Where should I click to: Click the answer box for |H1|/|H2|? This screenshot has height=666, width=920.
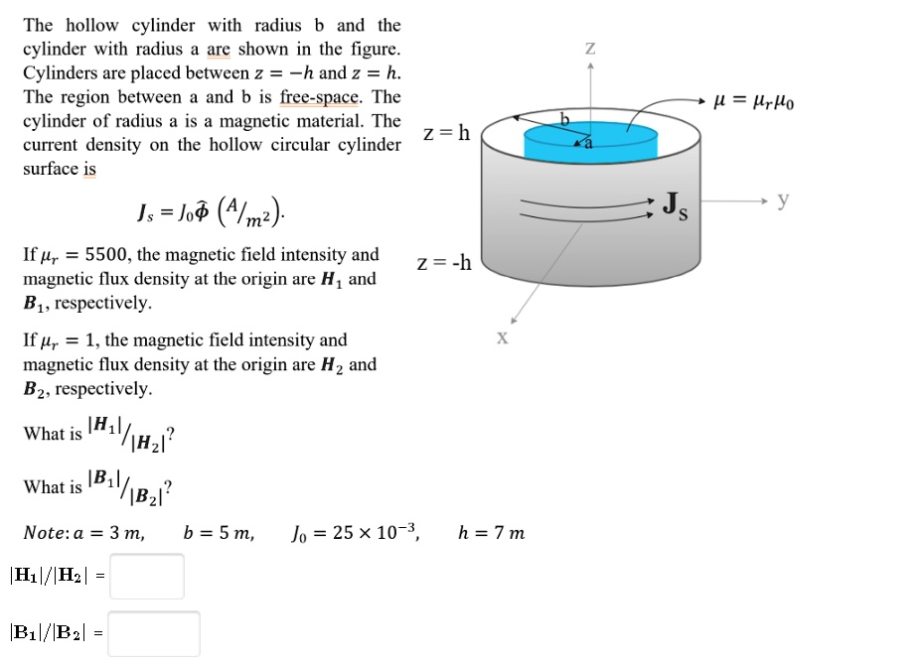(x=146, y=577)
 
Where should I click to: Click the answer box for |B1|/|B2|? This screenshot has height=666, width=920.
(x=153, y=633)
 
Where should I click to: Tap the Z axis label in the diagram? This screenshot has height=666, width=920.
(x=590, y=47)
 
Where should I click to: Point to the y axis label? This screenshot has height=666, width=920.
(x=783, y=200)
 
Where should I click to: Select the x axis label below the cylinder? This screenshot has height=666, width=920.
(x=502, y=337)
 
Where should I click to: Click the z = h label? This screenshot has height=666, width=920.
(x=446, y=134)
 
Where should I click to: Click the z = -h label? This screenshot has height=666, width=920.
(x=444, y=264)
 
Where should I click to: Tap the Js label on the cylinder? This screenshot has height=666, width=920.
(x=678, y=207)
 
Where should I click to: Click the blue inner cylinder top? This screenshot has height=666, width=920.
(x=590, y=141)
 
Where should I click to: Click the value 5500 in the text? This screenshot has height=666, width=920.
(x=114, y=255)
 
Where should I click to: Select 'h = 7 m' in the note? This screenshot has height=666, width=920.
(x=491, y=533)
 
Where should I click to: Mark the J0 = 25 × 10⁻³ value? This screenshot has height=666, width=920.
(x=356, y=533)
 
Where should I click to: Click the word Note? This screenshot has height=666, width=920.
(x=46, y=533)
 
